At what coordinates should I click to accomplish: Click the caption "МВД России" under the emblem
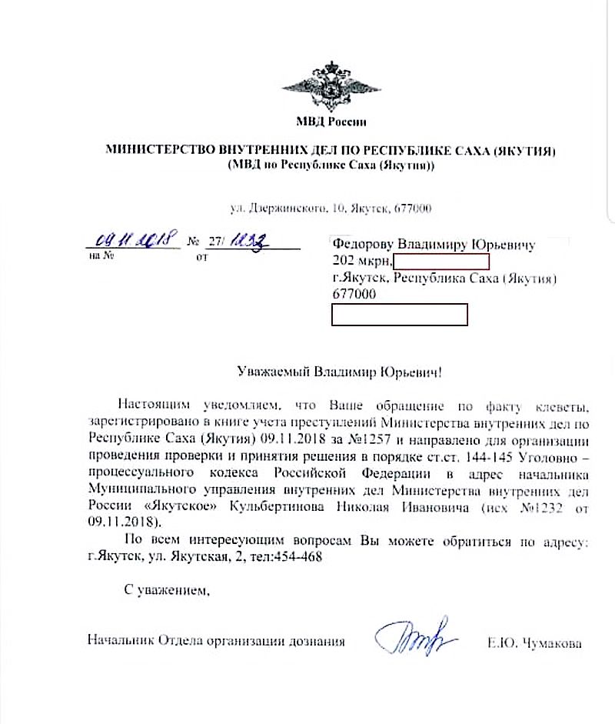[331, 122]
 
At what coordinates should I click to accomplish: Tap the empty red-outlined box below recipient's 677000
[399, 315]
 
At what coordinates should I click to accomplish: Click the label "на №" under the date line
[102, 255]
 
